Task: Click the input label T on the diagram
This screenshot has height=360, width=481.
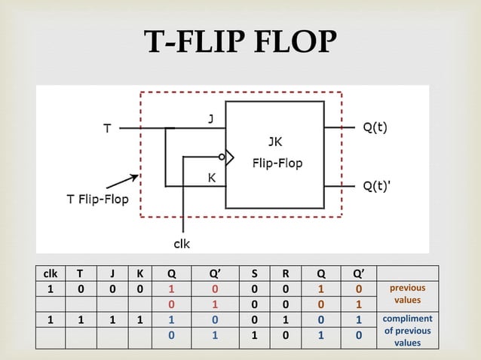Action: click(109, 129)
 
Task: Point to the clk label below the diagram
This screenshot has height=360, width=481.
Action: click(182, 243)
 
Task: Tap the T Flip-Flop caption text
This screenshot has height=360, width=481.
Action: click(96, 200)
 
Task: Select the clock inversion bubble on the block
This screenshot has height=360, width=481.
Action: click(222, 157)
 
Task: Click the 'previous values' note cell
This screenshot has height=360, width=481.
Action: click(407, 294)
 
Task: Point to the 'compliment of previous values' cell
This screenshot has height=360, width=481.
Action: click(407, 330)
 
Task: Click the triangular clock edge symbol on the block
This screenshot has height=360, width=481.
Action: click(230, 157)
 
